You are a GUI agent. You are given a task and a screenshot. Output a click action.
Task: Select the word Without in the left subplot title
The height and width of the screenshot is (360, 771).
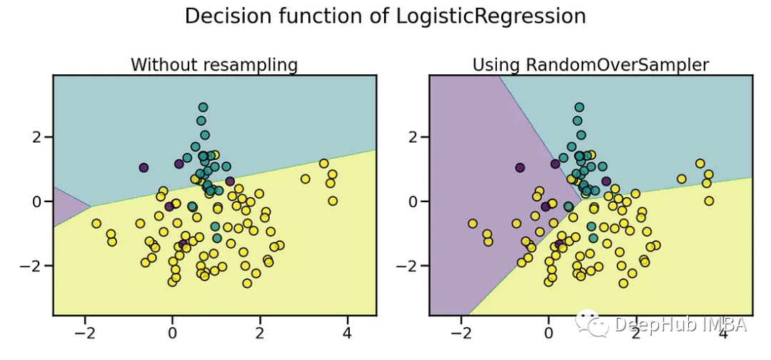pyautogui.click(x=163, y=65)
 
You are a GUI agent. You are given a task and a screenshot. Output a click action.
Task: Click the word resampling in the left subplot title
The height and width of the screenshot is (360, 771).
pyautogui.click(x=250, y=65)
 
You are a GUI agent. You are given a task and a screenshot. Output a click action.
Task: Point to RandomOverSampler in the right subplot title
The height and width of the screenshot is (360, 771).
pyautogui.click(x=618, y=65)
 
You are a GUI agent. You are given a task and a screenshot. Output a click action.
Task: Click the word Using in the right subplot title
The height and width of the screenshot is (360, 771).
pyautogui.click(x=496, y=65)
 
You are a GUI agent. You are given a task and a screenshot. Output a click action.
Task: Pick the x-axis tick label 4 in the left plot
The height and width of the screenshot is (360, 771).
pyautogui.click(x=347, y=334)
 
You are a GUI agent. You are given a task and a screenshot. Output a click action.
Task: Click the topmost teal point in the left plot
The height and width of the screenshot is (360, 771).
pyautogui.click(x=203, y=107)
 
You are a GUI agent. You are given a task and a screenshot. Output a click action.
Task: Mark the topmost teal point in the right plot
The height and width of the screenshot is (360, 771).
pyautogui.click(x=579, y=107)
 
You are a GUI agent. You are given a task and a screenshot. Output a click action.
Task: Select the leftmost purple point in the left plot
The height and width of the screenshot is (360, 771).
pyautogui.click(x=143, y=168)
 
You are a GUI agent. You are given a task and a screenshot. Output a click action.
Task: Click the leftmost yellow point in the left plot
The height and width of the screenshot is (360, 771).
pyautogui.click(x=96, y=224)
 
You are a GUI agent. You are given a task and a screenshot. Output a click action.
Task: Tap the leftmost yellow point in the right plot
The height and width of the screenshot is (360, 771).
pyautogui.click(x=473, y=224)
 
